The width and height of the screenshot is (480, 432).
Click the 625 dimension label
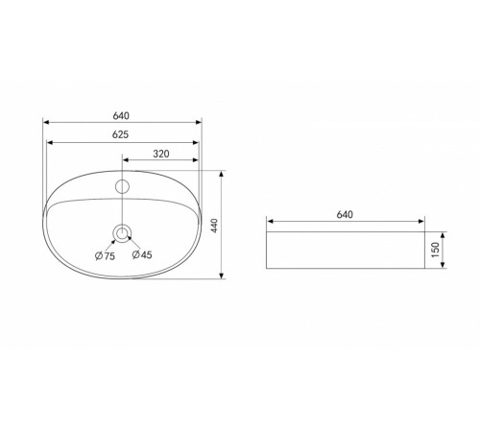tap(120, 134)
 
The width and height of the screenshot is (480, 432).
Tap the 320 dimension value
tap(161, 154)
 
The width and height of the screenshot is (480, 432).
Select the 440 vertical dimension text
tap(214, 226)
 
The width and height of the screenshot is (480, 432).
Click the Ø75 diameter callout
tap(105, 256)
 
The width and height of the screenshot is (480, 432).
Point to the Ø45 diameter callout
tap(142, 254)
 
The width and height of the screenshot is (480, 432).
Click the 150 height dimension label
tap(435, 250)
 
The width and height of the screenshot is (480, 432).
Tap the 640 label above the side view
tap(345, 214)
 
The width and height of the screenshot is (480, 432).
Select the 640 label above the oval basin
tap(121, 115)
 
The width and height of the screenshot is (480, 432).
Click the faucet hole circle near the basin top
tap(122, 186)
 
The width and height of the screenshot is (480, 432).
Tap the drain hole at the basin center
tap(122, 233)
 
